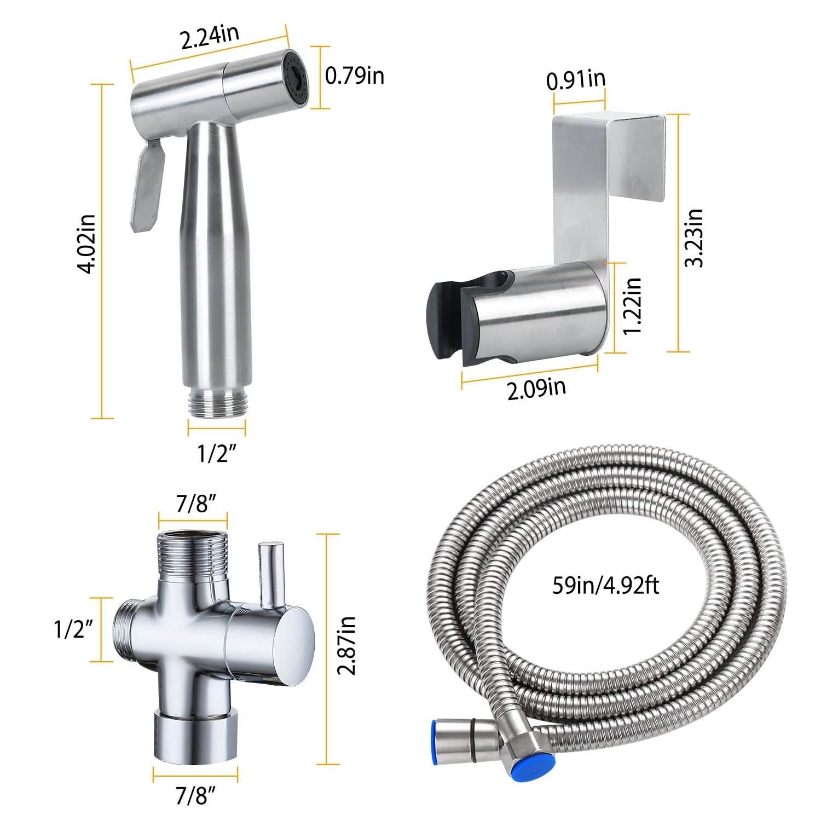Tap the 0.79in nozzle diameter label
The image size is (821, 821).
(x=354, y=76)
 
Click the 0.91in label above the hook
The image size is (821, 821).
(x=576, y=80)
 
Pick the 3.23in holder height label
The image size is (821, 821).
(x=696, y=238)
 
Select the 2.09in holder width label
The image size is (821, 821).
(x=536, y=389)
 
